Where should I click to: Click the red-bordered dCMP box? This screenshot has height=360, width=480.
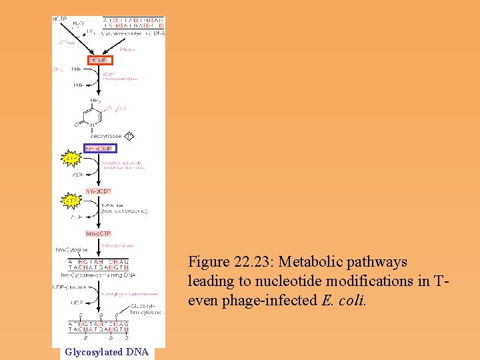coord(98,60)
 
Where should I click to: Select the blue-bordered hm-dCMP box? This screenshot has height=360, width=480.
coord(99,148)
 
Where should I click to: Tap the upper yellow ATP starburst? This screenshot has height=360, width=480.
coord(71,159)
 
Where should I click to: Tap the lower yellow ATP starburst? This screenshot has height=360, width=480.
coord(71,199)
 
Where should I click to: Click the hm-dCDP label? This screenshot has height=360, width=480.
coord(98,191)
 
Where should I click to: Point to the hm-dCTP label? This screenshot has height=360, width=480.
coord(98,233)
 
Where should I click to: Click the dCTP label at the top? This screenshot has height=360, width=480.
coord(59,19)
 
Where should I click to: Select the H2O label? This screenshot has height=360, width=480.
coord(78,24)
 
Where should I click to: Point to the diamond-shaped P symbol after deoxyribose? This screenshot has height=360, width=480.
coord(129,136)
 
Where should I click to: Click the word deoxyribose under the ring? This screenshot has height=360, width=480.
coord(105,136)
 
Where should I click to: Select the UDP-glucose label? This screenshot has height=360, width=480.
coord(69,287)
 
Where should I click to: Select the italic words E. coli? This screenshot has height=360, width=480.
coord(344,300)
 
